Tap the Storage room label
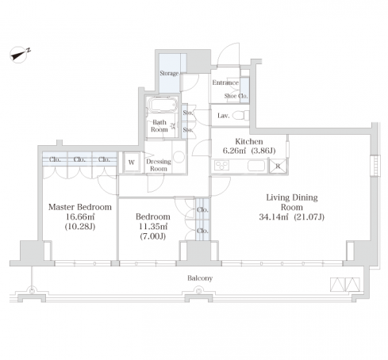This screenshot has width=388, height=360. click(169, 73)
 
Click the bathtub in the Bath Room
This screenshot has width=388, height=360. click(162, 105)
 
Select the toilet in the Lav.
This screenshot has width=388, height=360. click(241, 116)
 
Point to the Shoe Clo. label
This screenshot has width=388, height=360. click(236, 96)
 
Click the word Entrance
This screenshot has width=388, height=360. click(225, 82)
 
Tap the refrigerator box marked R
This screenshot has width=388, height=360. click(278, 167)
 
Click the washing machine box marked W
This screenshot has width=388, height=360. click(132, 163)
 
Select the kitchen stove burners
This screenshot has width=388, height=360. click(221, 166)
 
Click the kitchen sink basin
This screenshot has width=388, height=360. click(256, 166)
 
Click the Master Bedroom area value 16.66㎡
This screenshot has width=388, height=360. click(80, 216)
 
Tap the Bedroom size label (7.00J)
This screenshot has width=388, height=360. click(153, 236)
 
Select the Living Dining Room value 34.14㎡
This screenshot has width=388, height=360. click(274, 217)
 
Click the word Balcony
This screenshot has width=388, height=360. click(200, 278)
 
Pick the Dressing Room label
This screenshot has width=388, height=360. click(159, 165)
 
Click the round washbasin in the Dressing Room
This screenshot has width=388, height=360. click(179, 156)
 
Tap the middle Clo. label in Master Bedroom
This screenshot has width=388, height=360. click(79, 159)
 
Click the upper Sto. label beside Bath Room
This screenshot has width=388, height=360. click(188, 113)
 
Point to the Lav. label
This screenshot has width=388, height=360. click(223, 116)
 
